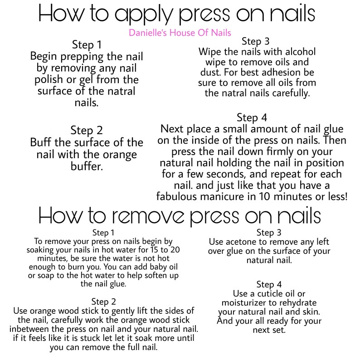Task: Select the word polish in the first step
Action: click(x=46, y=80)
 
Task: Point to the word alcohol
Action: click(x=296, y=51)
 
